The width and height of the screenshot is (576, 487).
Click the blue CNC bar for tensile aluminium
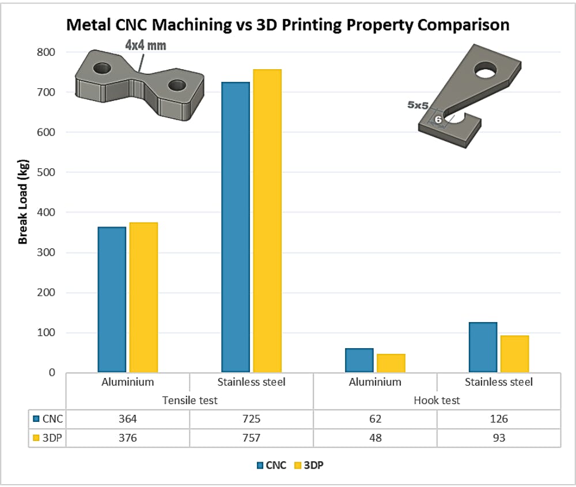[x=112, y=299]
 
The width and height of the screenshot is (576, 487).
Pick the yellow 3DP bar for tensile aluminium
[x=143, y=297]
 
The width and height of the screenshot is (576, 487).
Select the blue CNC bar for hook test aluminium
[x=359, y=360]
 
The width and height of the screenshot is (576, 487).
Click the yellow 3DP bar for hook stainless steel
[x=514, y=354]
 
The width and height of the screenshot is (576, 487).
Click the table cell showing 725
[x=251, y=419]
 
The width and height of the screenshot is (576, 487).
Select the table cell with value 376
[x=128, y=438]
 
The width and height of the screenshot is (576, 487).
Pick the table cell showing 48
[x=375, y=438]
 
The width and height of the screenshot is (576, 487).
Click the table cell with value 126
[x=499, y=419]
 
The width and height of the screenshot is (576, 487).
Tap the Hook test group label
[x=437, y=400]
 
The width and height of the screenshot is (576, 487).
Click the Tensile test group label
[x=190, y=400]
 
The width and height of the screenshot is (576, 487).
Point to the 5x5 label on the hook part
[x=418, y=105]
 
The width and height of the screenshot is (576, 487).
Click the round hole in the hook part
[x=486, y=70]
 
